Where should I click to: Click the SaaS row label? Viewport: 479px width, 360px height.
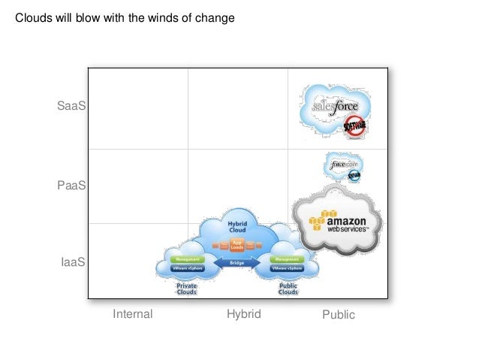(x=72, y=107)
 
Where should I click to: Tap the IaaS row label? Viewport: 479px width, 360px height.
(x=73, y=262)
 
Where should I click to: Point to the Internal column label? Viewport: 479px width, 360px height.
(x=132, y=314)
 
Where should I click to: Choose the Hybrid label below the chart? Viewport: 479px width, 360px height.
(x=243, y=314)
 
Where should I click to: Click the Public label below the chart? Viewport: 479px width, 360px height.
(x=339, y=315)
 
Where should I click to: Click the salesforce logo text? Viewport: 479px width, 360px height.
(x=333, y=107)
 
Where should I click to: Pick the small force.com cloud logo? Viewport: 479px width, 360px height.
(x=344, y=163)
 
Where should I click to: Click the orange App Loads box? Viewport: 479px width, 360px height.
(x=238, y=244)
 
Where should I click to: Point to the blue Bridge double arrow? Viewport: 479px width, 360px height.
(x=236, y=263)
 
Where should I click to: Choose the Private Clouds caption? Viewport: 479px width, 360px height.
(x=186, y=289)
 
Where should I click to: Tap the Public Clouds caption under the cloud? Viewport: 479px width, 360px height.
(x=288, y=289)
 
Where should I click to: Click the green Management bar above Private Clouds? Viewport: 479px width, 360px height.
(x=187, y=259)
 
